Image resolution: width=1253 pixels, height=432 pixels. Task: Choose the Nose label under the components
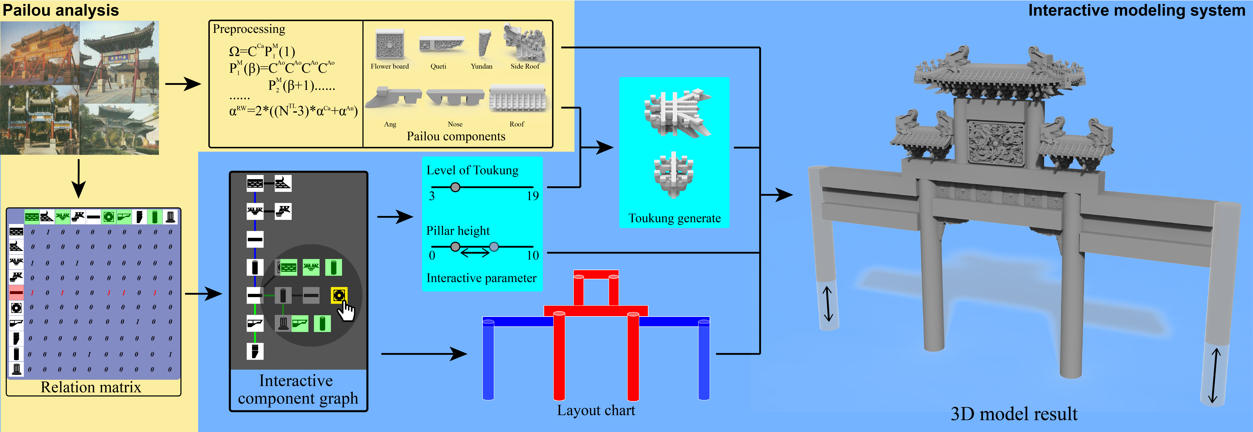point(455,124)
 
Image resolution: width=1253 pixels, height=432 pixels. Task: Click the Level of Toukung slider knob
point(455,187)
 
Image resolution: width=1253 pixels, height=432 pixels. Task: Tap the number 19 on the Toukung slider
point(533,196)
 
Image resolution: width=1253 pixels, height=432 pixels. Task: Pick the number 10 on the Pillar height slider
point(533,255)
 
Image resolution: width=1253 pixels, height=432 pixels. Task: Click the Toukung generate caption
point(675,218)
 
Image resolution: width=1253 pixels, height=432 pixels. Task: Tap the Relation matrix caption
point(91,387)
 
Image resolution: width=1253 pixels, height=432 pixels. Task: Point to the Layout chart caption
point(596,411)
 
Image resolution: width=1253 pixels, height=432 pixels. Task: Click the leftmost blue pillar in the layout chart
point(488,360)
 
